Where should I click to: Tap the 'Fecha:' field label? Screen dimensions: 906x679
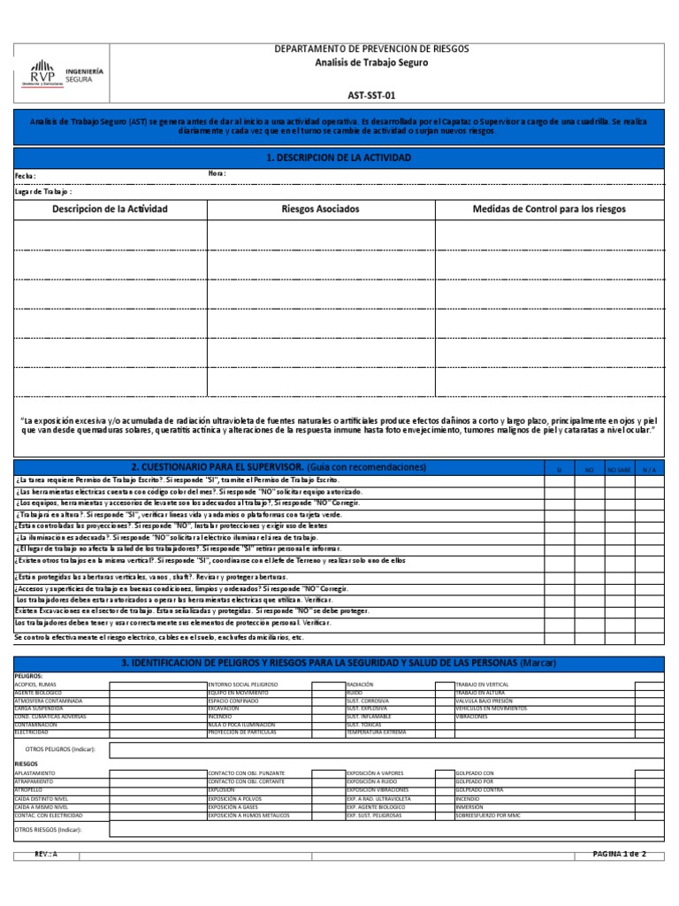tap(26, 176)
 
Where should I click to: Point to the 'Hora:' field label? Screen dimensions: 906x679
tap(217, 173)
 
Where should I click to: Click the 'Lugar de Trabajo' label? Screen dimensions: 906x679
tap(43, 190)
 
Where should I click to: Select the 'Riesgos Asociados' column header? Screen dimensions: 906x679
tap(320, 210)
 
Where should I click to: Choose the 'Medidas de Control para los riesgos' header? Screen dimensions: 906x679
tap(549, 210)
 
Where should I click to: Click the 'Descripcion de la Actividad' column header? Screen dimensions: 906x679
tap(110, 210)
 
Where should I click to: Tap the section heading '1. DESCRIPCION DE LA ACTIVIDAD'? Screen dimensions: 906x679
tap(339, 157)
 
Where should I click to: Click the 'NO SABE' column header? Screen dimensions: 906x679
tap(618, 469)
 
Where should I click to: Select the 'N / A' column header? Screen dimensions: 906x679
tap(649, 469)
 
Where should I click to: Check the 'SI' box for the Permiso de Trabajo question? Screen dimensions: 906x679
tap(559, 480)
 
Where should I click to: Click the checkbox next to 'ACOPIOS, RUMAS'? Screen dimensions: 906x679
tap(156, 685)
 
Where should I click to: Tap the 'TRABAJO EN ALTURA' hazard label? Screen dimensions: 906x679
tap(482, 693)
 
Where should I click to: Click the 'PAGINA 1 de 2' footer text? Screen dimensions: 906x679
tap(619, 854)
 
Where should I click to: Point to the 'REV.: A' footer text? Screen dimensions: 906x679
tap(45, 854)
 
